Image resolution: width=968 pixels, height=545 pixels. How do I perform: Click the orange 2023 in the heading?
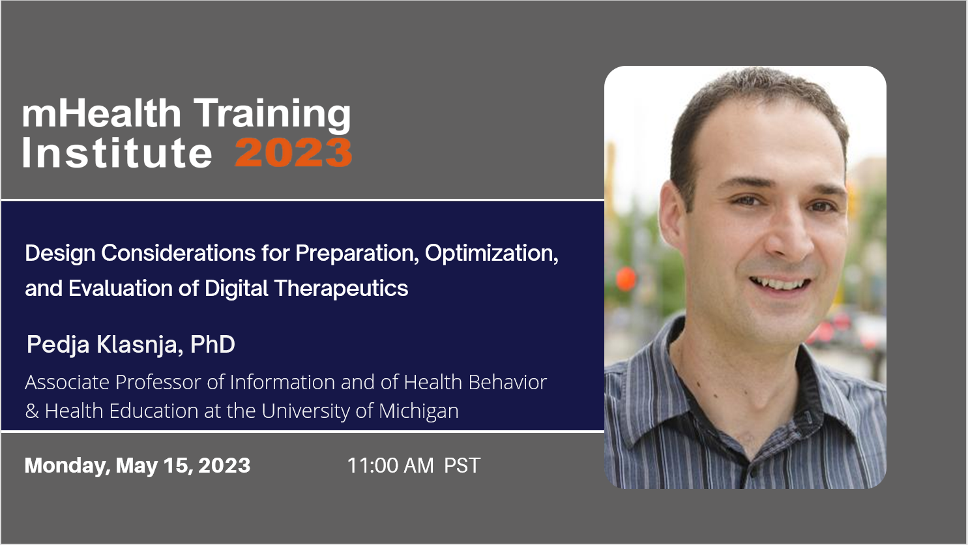[293, 153]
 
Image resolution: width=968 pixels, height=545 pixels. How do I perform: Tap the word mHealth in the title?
[102, 113]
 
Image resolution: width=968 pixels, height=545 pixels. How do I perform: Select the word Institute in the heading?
[117, 153]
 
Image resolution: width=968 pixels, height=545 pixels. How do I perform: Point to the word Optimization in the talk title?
[491, 254]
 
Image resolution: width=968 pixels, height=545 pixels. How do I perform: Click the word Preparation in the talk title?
[357, 254]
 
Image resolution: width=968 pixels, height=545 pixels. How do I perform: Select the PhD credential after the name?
[213, 344]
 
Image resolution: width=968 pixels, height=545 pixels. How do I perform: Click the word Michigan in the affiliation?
[418, 411]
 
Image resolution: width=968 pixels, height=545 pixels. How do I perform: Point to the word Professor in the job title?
[158, 382]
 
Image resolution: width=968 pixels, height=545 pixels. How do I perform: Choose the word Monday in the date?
[67, 466]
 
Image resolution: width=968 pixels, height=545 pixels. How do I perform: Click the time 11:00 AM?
[390, 465]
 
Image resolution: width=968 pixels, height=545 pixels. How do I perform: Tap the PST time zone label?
[462, 465]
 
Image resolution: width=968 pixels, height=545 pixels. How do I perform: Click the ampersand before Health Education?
[32, 411]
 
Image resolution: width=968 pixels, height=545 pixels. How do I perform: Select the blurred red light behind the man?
[625, 279]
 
